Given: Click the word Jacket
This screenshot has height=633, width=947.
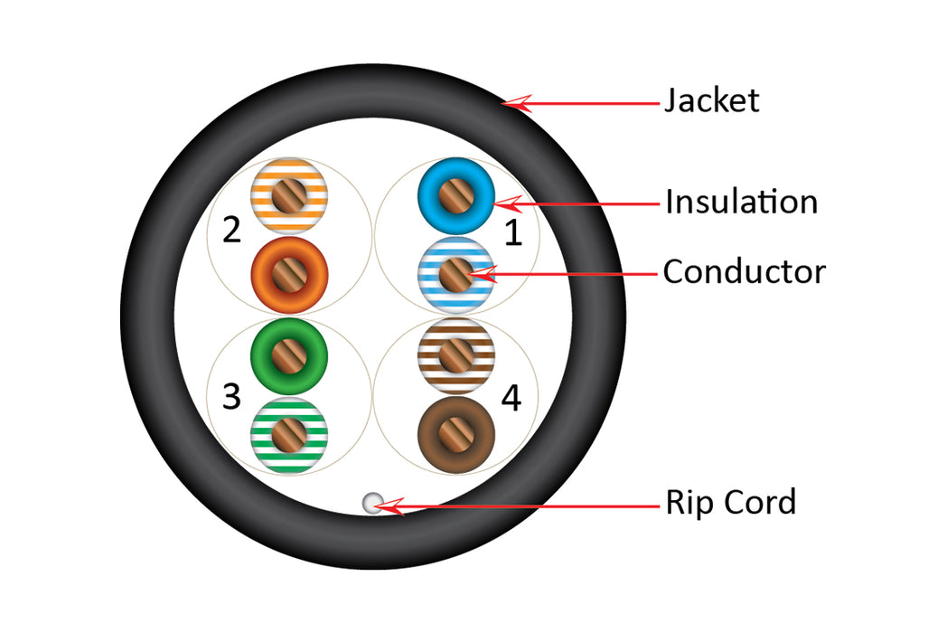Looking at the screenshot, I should (711, 99).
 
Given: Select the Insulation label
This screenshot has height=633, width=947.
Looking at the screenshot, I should (741, 202).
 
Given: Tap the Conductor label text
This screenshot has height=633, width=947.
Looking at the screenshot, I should (744, 271).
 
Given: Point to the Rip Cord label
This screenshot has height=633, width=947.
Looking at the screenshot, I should (730, 502).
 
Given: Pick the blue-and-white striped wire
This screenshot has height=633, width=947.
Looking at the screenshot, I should (455, 271).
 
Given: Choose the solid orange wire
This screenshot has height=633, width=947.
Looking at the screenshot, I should (288, 272).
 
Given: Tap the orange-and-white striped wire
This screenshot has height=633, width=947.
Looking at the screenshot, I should (288, 196).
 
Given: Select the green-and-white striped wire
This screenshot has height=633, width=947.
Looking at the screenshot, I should (288, 430).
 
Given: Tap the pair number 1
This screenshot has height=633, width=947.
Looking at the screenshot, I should (512, 233).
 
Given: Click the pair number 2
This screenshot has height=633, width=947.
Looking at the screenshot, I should (231, 231).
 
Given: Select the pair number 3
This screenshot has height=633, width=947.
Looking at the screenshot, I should (231, 396).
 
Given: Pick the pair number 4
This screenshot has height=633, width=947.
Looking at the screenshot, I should (511, 398).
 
